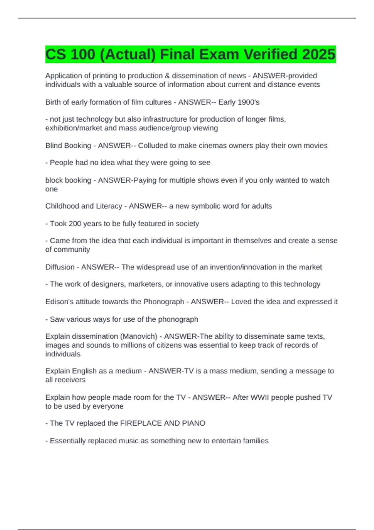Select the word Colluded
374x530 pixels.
coord(153,146)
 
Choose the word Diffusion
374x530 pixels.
coord(60,267)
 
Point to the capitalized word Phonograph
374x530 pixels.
coord(164,302)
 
